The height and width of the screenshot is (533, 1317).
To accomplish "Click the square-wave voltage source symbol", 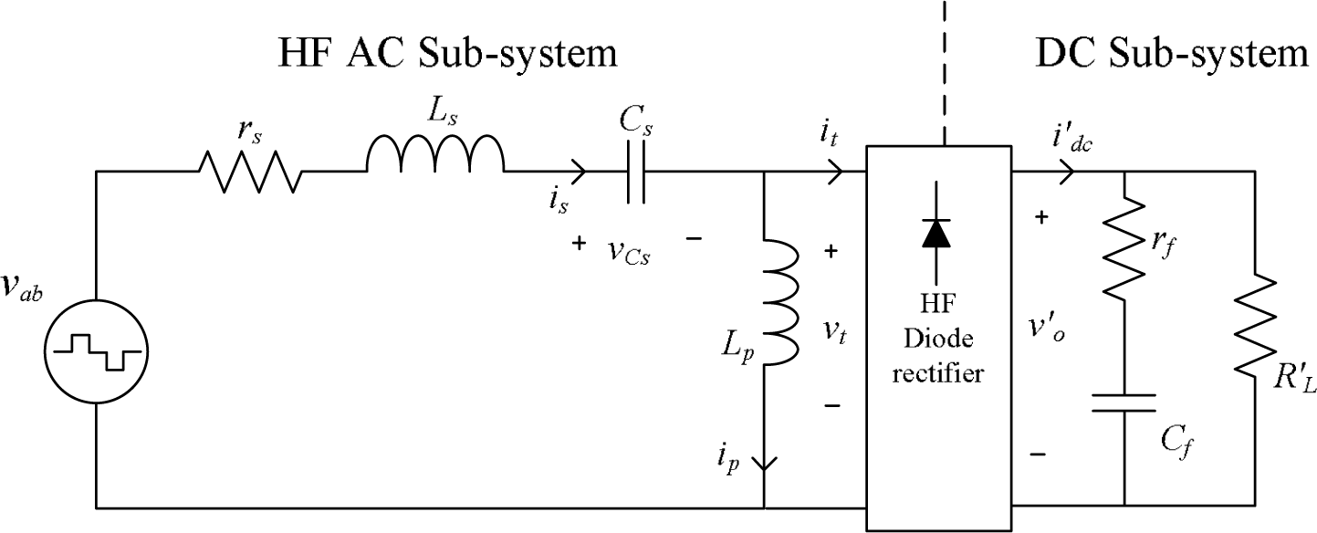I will [96, 351].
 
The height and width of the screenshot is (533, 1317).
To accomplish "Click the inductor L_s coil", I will [434, 155].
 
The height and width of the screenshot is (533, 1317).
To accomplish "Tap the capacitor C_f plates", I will [1124, 402].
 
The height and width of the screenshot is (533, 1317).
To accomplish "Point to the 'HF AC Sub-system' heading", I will [447, 54].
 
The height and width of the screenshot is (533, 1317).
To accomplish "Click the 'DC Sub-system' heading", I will [1172, 54].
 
